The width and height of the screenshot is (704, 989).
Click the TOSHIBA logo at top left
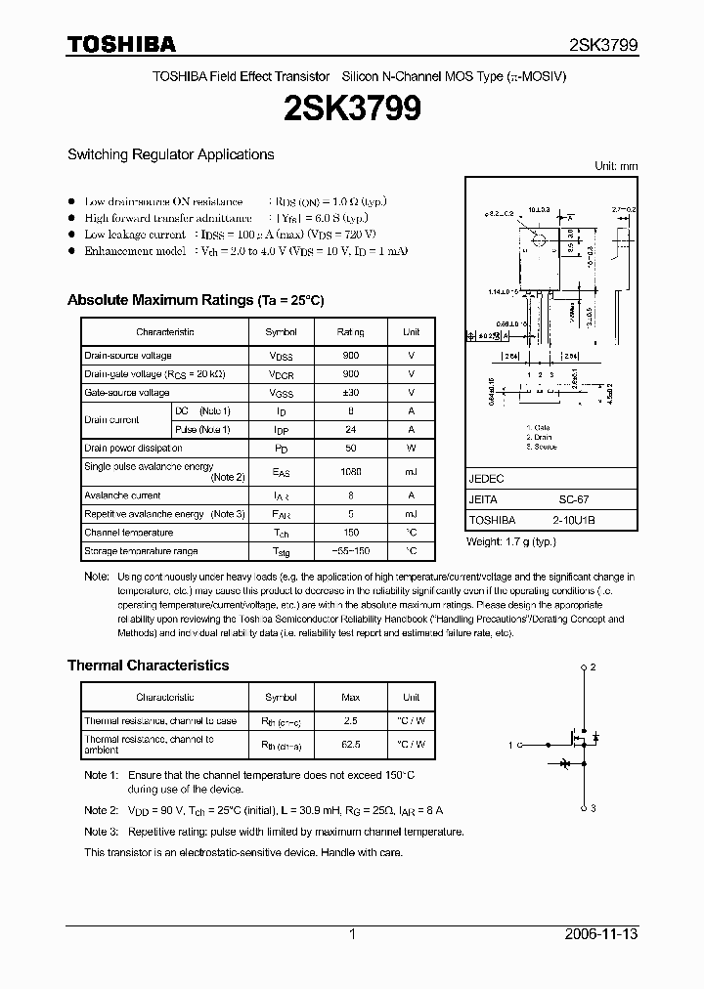[x=121, y=44]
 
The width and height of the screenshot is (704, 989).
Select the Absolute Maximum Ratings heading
[x=195, y=300]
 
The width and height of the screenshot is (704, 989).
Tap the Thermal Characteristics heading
[x=148, y=666]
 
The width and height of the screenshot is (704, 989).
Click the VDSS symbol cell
[x=281, y=356]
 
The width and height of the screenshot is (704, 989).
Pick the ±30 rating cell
[x=350, y=393]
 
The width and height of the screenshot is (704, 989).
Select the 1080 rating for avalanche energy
[x=350, y=472]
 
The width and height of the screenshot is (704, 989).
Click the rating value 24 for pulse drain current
[x=350, y=430]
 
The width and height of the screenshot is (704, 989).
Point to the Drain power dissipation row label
[x=133, y=449]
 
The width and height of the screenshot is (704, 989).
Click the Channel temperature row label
[x=128, y=533]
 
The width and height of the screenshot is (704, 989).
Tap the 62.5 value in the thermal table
[x=350, y=745]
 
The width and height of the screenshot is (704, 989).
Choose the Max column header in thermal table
[x=350, y=698]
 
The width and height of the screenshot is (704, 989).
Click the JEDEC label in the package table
[x=486, y=479]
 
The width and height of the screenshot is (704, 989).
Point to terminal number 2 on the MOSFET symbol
[x=593, y=668]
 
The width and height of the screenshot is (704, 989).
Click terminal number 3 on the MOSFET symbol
[x=593, y=808]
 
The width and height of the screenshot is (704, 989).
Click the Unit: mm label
[x=616, y=167]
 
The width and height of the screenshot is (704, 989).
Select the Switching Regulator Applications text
[x=170, y=154]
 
